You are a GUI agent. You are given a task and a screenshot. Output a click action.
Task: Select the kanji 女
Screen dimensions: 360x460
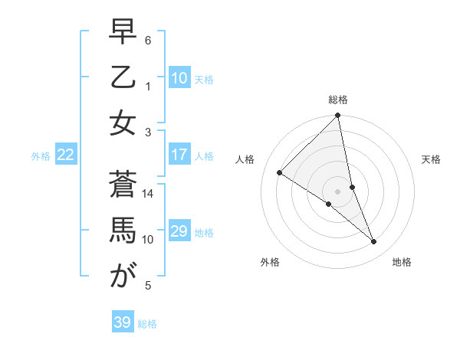click(123, 123)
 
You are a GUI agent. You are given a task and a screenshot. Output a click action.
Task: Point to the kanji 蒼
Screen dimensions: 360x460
click(123, 185)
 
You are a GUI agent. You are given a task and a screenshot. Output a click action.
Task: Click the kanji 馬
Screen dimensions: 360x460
click(123, 230)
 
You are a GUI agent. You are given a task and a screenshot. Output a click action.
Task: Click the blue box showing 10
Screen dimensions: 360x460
click(179, 78)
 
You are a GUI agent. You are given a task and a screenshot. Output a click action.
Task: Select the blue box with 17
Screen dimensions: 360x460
click(179, 155)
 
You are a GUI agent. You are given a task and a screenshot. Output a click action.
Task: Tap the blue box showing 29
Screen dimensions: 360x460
click(179, 231)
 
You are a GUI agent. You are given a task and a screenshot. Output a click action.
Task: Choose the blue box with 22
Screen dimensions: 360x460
click(66, 155)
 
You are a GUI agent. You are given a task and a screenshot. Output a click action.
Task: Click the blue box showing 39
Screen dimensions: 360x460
click(123, 322)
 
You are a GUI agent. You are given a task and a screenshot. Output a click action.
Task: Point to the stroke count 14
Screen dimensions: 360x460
click(148, 194)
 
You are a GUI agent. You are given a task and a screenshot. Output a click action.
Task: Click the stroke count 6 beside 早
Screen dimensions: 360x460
click(148, 39)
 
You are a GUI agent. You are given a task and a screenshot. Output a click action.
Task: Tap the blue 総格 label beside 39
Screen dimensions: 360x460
click(148, 324)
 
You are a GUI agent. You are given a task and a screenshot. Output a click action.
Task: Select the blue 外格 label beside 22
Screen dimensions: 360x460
click(41, 156)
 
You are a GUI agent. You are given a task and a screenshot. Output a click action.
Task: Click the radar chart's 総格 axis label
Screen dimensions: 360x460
click(338, 100)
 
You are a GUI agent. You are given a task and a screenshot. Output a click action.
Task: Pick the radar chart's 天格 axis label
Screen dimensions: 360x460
click(432, 159)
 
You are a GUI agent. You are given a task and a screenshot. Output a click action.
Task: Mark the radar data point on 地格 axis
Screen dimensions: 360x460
click(374, 242)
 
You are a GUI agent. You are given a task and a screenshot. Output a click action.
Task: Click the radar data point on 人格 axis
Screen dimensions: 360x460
click(280, 173)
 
